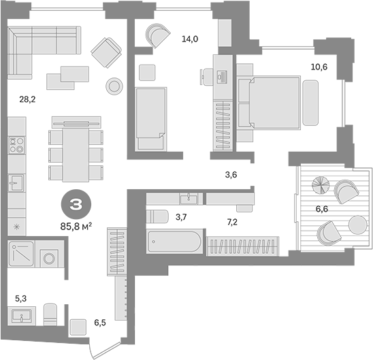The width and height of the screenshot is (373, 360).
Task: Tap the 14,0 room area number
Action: [189, 39]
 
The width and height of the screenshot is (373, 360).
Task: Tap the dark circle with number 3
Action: [76, 202]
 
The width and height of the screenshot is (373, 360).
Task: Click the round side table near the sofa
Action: [114, 84]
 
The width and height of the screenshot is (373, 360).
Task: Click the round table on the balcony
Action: [356, 224]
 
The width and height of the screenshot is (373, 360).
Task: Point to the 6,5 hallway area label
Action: [101, 322]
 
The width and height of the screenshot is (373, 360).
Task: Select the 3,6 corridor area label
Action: [231, 175]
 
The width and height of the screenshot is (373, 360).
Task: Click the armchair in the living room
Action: [106, 49]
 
